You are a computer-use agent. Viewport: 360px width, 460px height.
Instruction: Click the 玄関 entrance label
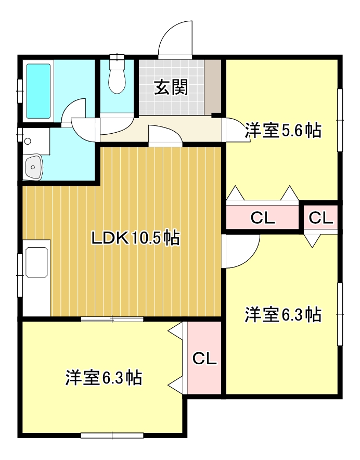click(171, 87)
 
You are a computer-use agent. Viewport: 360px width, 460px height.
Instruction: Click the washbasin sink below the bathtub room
click(33, 167)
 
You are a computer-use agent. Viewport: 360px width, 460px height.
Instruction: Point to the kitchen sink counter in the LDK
click(36, 278)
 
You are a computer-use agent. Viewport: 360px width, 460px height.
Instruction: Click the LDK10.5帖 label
click(135, 238)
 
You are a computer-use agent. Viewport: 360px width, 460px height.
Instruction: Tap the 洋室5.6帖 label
click(283, 130)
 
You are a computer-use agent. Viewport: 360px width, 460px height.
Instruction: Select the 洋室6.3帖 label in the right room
click(283, 314)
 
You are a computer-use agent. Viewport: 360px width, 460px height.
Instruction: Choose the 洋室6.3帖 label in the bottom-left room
click(104, 378)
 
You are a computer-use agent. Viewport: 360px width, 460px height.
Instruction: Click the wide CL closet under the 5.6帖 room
click(263, 218)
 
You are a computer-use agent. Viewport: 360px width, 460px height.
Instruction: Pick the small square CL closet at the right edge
click(320, 218)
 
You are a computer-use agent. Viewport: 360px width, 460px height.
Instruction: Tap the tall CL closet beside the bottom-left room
click(204, 358)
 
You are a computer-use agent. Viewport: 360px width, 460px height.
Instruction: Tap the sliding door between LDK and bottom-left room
click(112, 319)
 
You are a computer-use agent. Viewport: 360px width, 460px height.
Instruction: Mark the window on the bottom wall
click(112, 436)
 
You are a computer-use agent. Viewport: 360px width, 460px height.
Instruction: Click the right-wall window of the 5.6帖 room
click(340, 120)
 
